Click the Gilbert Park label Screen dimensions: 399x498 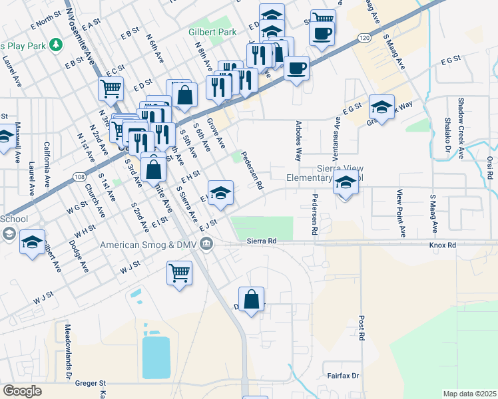pos(212,32)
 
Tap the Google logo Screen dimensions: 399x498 pos(22,391)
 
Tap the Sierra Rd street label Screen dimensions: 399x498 pos(261,241)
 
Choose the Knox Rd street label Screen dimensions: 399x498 pos(442,245)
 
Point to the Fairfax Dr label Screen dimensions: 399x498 pos(343,376)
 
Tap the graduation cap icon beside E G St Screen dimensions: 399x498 pos(382,106)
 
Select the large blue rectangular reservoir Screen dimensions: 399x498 pos(156,356)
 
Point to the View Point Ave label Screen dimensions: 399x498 pos(401,213)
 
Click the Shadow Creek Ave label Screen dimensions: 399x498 pos(461,120)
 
